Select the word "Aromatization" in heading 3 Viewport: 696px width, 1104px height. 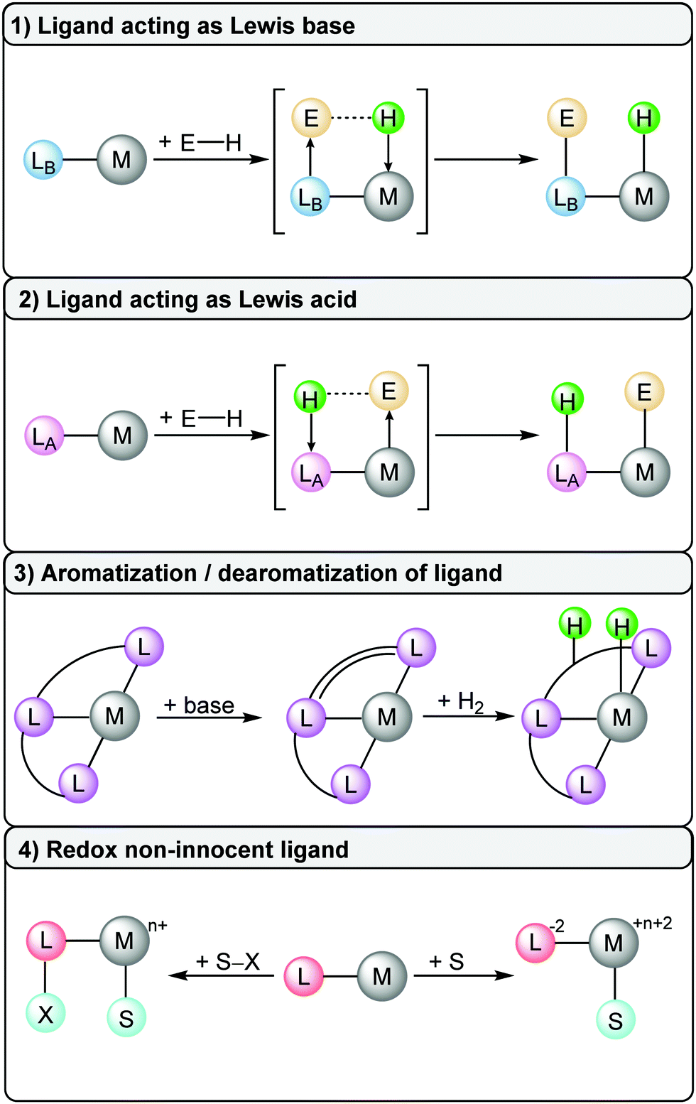coord(119,573)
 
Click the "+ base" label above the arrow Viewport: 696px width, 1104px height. coord(199,705)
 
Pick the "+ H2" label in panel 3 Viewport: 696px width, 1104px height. coord(461,702)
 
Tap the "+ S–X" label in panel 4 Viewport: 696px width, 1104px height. coord(228,962)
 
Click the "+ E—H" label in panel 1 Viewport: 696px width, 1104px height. coord(201,143)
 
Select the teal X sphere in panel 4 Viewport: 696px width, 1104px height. coord(45,1014)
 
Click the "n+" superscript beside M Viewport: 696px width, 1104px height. coord(158,926)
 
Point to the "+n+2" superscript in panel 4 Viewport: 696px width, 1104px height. coord(652,924)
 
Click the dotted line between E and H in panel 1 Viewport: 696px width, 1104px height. coord(351,118)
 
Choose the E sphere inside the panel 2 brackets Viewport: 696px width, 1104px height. coord(388,391)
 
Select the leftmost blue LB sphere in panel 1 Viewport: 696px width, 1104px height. coord(44,161)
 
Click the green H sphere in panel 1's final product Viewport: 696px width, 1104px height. coord(643,118)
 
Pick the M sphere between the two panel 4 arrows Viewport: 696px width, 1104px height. coord(382,977)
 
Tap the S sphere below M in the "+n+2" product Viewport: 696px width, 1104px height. coord(615,1021)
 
